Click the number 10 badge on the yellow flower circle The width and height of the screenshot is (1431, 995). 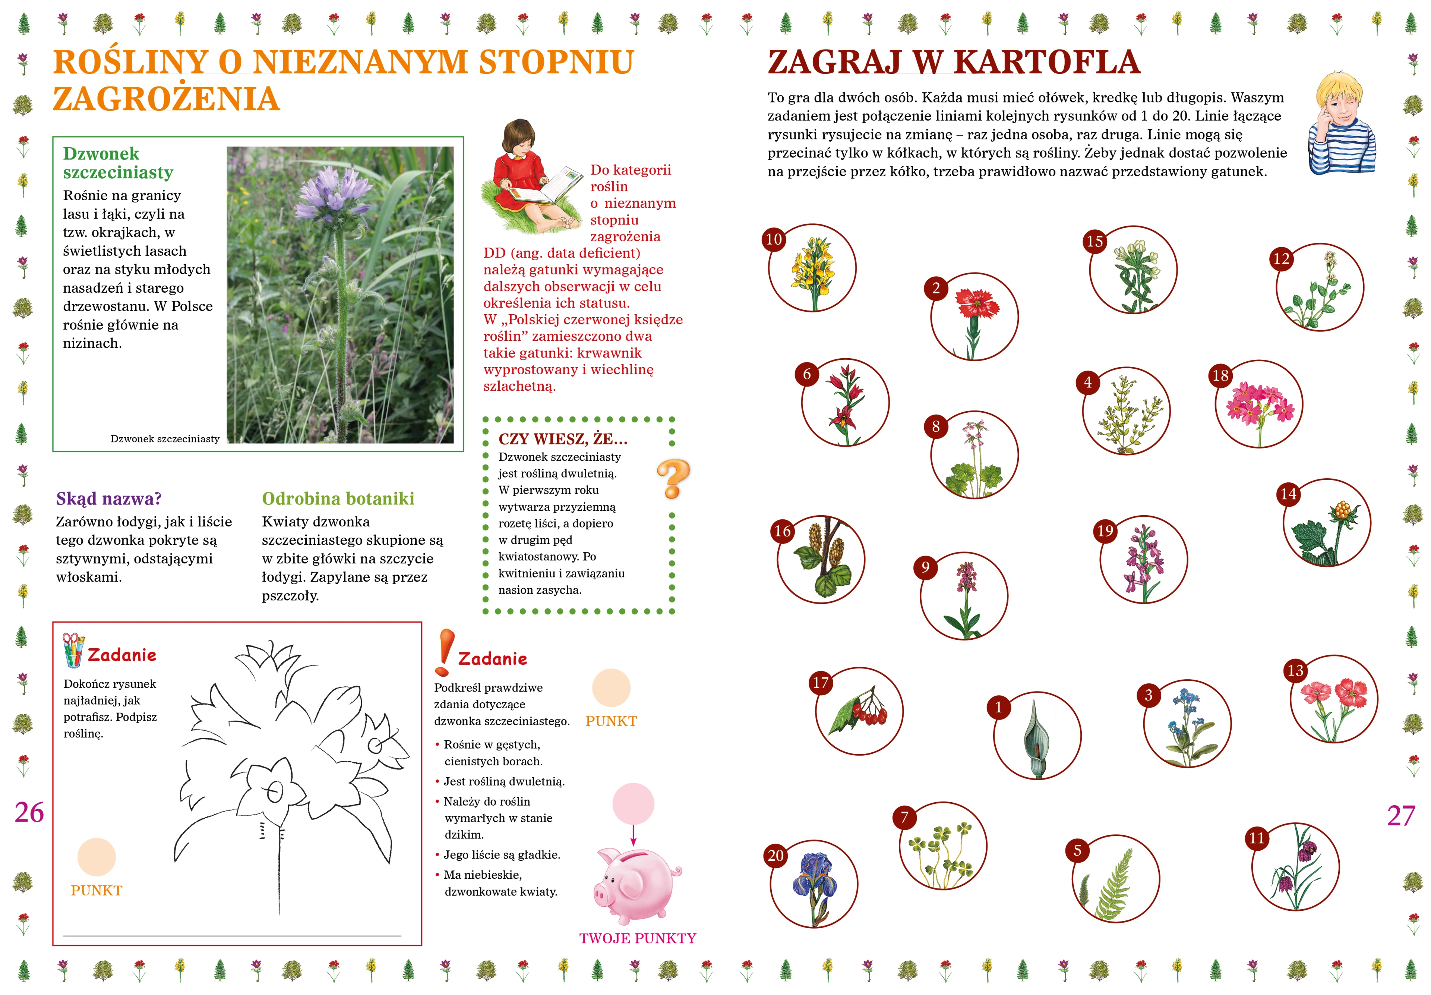pos(774,239)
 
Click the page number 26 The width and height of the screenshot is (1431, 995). pos(29,812)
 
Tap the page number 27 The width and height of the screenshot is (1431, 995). pos(1401,815)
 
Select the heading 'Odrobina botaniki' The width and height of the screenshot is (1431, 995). pos(338,499)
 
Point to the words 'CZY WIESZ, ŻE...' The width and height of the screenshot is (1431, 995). pos(563,439)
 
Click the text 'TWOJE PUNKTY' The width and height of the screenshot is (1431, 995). pos(638,938)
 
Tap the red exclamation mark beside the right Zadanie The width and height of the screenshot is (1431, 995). pos(444,652)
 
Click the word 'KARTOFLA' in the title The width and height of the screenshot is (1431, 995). pos(1047,62)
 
